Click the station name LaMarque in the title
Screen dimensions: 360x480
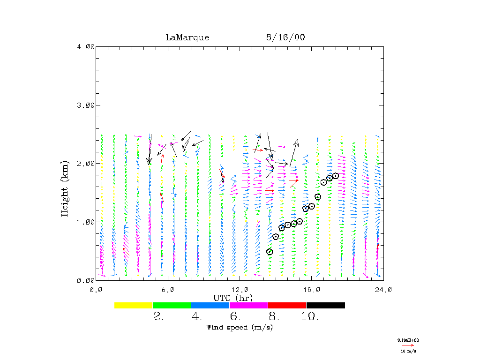click(x=187, y=37)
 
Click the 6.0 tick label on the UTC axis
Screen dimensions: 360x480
click(x=167, y=290)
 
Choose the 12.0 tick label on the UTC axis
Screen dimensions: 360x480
click(x=240, y=290)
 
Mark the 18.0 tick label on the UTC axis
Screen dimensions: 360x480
click(x=311, y=290)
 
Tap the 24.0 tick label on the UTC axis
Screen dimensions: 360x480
click(x=383, y=290)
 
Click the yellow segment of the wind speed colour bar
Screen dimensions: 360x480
click(x=134, y=305)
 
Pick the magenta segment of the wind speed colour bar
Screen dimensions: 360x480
click(x=249, y=305)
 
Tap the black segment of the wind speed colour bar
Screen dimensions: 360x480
click(x=326, y=305)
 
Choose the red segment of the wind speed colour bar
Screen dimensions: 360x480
click(x=287, y=305)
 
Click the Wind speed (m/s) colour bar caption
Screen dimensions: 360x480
click(x=240, y=327)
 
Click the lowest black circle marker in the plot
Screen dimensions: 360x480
click(x=270, y=252)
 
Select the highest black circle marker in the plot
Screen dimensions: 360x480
click(x=336, y=176)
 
